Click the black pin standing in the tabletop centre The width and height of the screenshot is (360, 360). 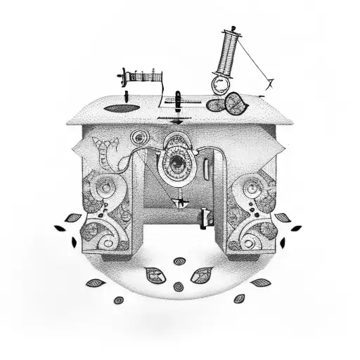pyautogui.click(x=179, y=98)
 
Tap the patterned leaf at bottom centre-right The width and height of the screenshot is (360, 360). pyautogui.click(x=201, y=274)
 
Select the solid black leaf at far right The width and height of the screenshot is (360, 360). pyautogui.click(x=296, y=228)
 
